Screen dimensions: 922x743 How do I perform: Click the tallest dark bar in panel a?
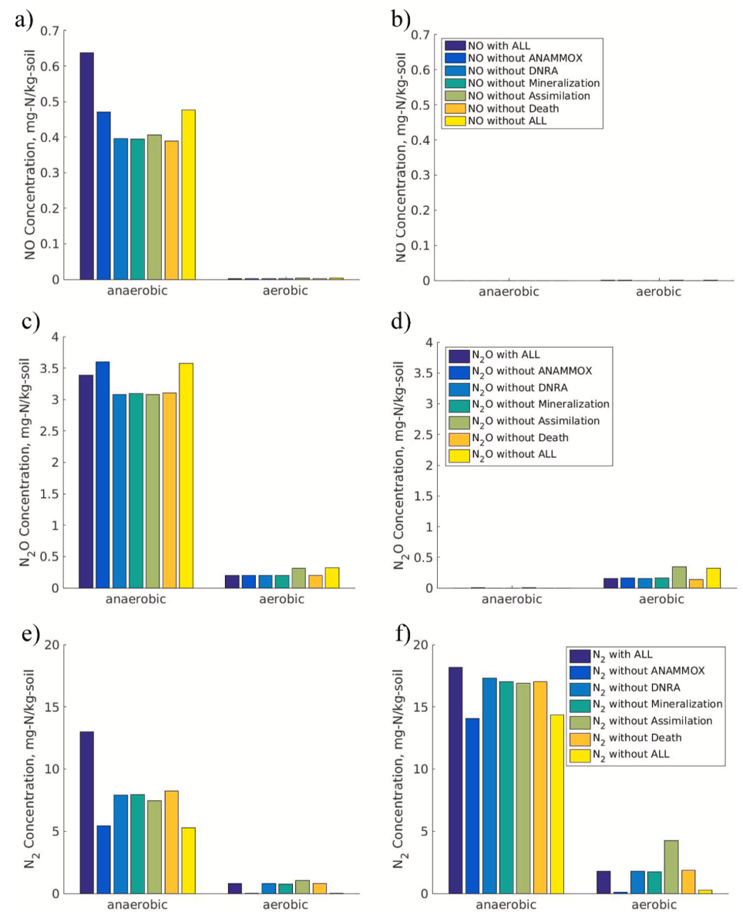[x=87, y=166]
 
